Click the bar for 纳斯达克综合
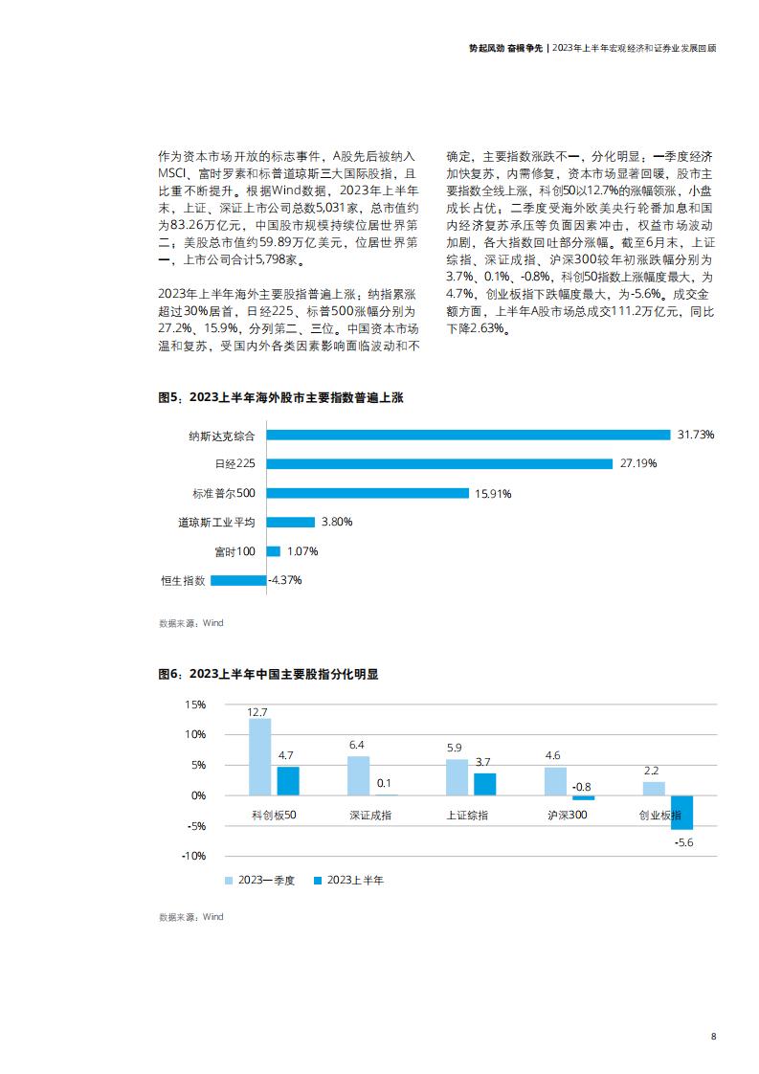(x=469, y=435)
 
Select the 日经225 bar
(x=439, y=463)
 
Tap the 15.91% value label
(x=493, y=493)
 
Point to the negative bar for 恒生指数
(x=238, y=580)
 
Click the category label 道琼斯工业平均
(x=216, y=522)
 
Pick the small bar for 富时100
(x=274, y=550)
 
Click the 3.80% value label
(x=337, y=522)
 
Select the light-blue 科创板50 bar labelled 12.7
(x=259, y=757)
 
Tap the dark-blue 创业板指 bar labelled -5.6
(x=681, y=813)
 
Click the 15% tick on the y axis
(x=195, y=705)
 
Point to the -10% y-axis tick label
(x=194, y=856)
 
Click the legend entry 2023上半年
(x=348, y=880)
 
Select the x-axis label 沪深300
(x=568, y=816)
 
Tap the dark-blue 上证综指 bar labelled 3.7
(x=485, y=784)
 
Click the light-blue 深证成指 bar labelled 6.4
(x=358, y=776)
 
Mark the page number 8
(x=714, y=1037)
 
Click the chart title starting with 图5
(x=280, y=397)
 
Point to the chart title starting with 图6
(x=269, y=674)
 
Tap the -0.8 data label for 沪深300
(x=582, y=787)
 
